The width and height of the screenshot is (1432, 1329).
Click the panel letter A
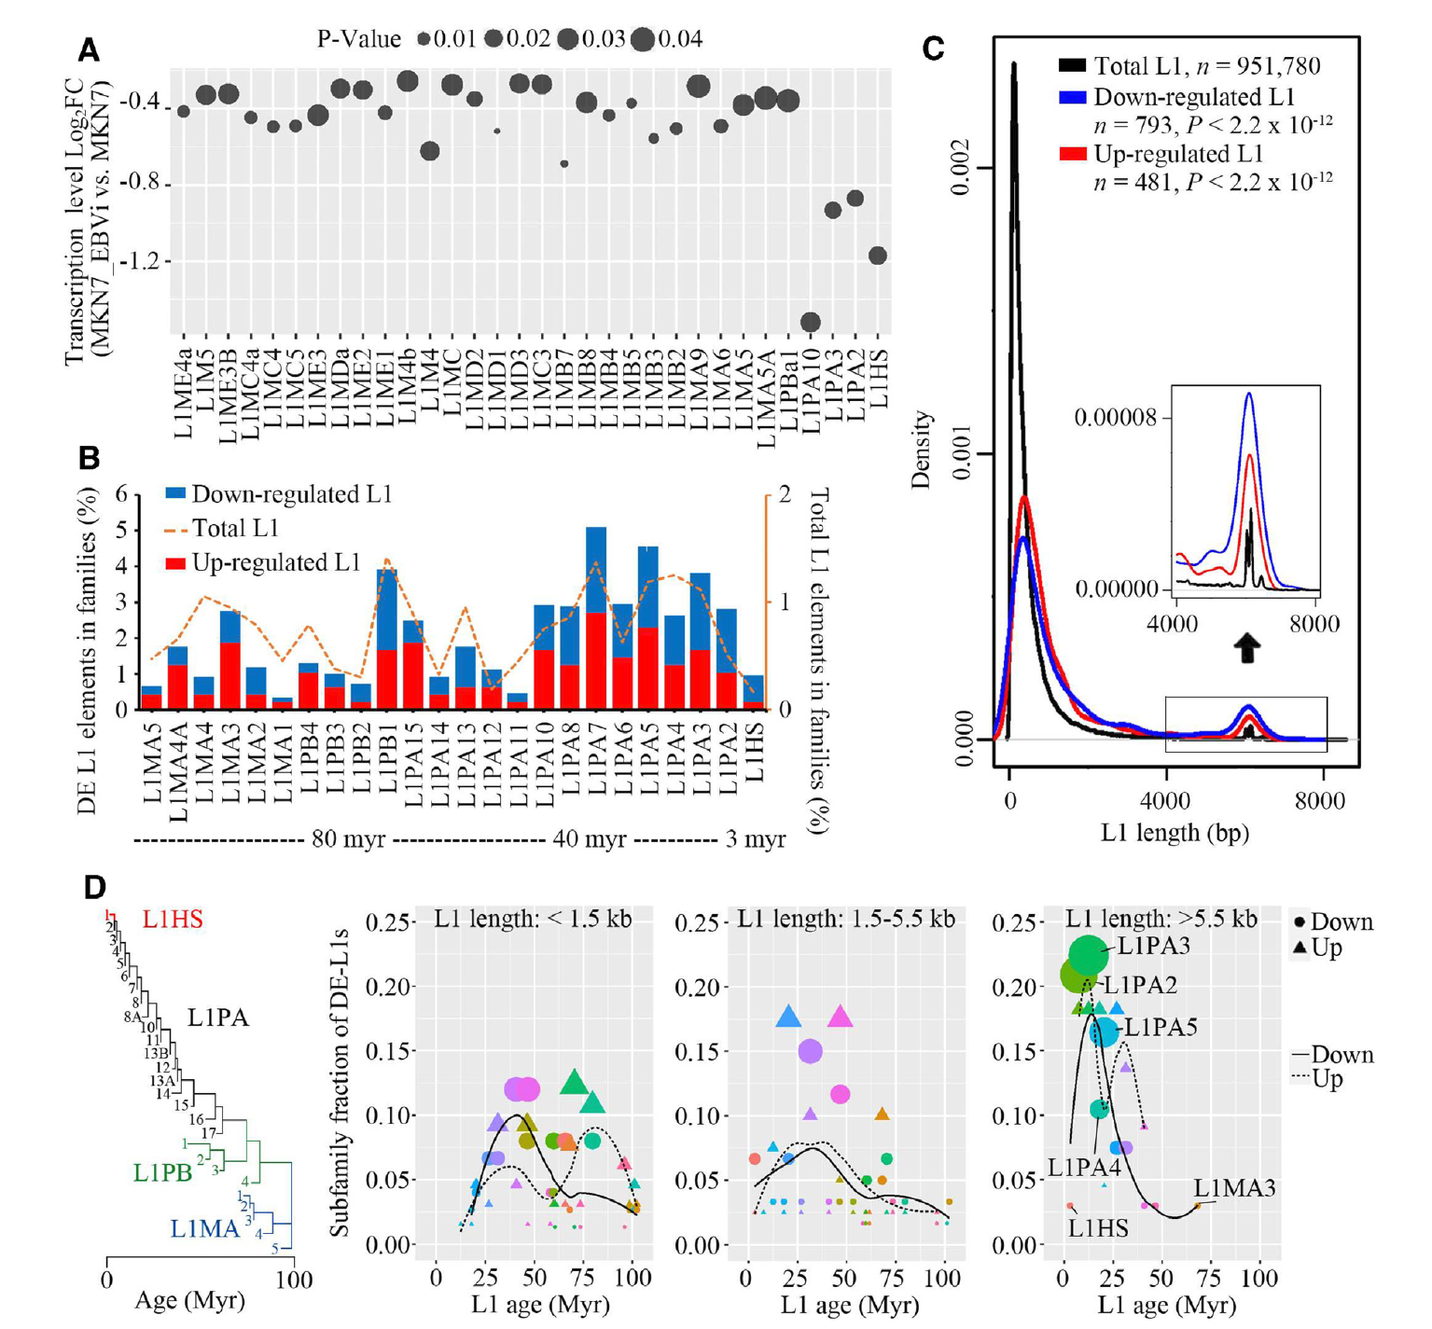pos(89,49)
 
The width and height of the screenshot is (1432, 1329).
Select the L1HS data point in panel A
pos(877,256)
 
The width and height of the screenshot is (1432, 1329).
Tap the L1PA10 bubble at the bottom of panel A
pos(810,323)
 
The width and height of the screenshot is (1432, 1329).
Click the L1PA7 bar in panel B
pos(596,617)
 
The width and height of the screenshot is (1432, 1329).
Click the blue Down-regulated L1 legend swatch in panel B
pos(175,493)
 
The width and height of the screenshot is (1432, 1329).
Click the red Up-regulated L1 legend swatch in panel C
pos(1073,154)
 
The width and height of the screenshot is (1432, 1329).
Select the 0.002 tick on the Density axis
pos(961,168)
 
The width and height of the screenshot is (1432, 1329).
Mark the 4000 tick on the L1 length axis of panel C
pos(1165,800)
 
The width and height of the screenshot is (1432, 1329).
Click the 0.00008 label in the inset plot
pos(1115,417)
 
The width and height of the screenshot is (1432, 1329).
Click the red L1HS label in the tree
pos(173,920)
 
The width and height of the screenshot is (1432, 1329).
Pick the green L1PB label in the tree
pos(163,1172)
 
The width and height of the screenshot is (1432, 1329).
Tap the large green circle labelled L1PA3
pos(1088,955)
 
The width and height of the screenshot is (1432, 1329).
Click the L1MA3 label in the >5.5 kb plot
pos(1234,1188)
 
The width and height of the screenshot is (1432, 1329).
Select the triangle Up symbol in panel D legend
pos(1300,948)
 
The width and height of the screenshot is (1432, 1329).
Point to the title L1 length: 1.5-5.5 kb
pos(846,920)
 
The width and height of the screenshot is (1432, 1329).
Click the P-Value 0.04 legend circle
pos(642,39)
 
